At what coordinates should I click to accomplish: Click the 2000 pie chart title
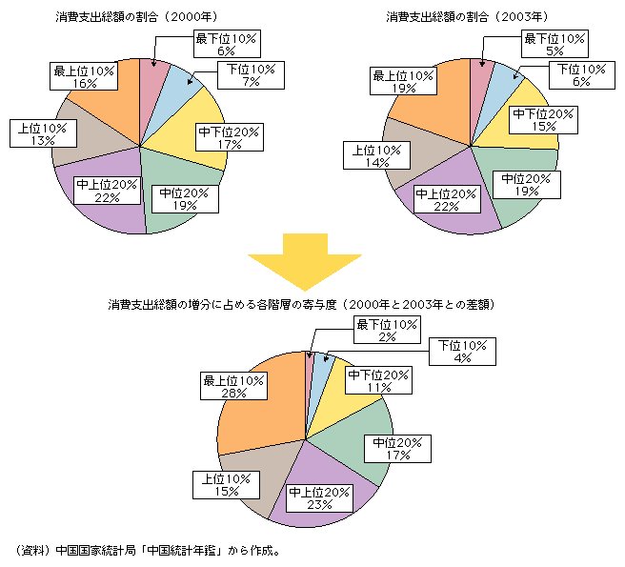[135, 16]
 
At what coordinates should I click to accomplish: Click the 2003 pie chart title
[465, 16]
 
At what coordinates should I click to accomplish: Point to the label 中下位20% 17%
[222, 138]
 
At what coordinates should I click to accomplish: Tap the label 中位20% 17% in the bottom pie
[397, 449]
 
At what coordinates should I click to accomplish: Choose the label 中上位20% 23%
[319, 497]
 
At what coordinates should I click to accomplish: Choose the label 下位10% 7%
[250, 75]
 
